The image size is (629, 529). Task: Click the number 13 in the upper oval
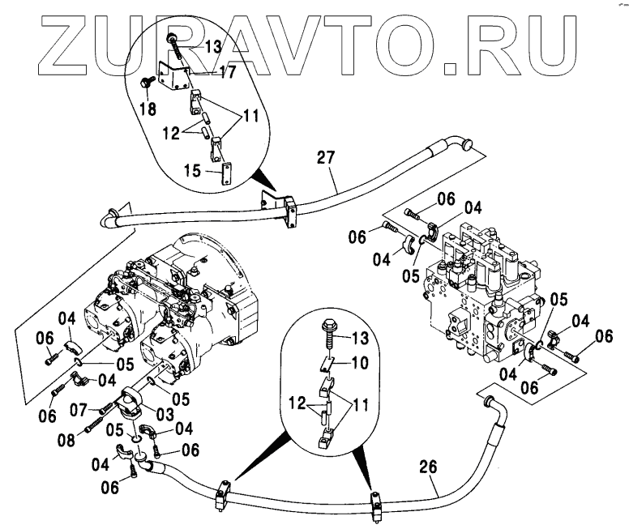[x=212, y=46]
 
